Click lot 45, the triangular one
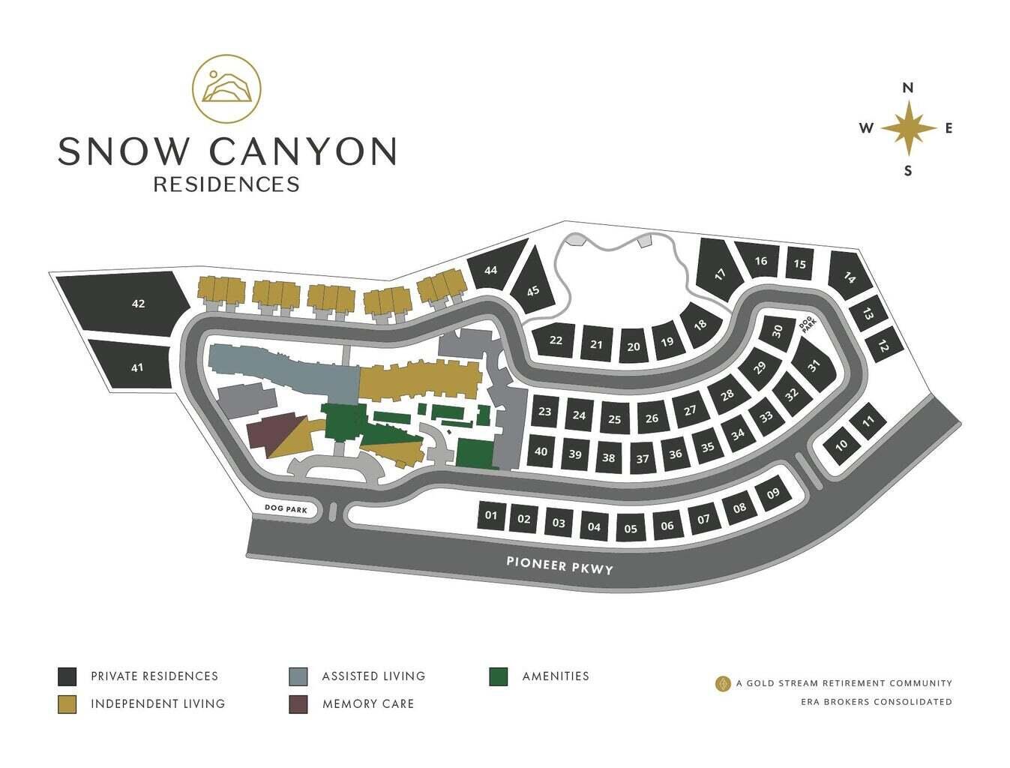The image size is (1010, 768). [533, 289]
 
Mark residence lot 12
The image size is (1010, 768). [883, 346]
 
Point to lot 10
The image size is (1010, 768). [841, 445]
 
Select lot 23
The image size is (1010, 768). [545, 412]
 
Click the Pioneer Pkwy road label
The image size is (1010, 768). [559, 565]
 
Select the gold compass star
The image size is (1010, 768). [908, 128]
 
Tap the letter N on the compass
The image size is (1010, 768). [908, 88]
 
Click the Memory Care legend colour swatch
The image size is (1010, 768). [298, 704]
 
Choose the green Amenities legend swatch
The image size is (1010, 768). [498, 676]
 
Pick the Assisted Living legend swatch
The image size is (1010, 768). [298, 676]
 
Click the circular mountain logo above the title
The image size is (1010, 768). [226, 88]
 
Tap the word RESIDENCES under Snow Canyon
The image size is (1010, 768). [226, 184]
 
